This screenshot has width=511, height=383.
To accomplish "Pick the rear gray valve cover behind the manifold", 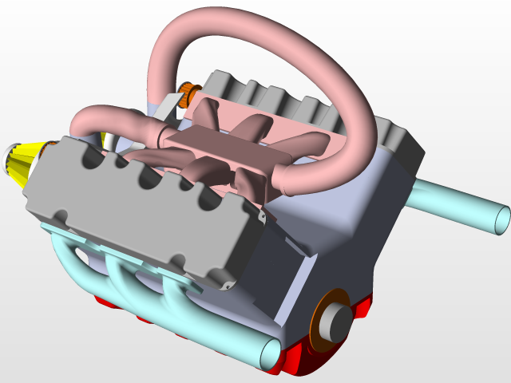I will click(319, 104).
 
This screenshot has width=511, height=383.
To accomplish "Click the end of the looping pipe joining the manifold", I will click(287, 180).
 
